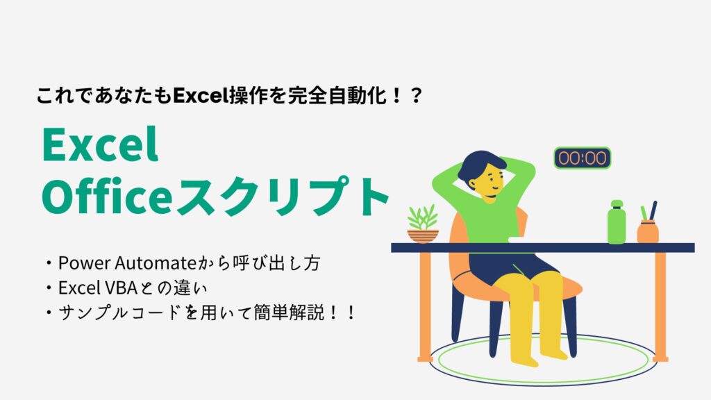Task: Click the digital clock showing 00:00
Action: (583, 158)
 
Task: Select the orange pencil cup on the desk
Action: (648, 232)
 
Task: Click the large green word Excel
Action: (100, 144)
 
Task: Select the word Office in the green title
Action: (107, 197)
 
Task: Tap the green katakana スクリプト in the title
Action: (282, 197)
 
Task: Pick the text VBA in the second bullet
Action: (121, 287)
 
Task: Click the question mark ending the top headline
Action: (415, 96)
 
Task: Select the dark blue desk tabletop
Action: (543, 248)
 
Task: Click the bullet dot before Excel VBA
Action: (49, 288)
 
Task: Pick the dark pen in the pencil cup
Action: (653, 211)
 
